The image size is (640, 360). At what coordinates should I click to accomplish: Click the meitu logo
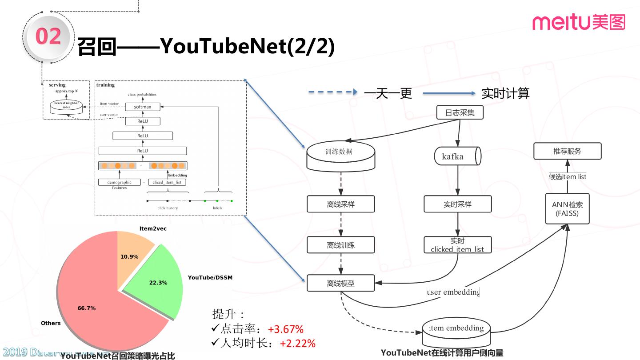[579, 22]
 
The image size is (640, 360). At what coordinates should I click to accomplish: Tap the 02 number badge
[48, 36]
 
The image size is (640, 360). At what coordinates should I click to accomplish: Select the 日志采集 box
[460, 112]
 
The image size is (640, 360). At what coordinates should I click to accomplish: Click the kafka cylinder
[457, 156]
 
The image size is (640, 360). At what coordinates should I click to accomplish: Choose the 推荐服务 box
[567, 151]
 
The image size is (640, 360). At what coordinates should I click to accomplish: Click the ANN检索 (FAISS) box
[567, 209]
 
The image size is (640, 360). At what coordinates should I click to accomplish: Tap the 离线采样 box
[340, 204]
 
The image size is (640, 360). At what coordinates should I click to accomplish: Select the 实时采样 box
[457, 204]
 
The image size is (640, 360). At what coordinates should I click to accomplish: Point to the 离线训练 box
[340, 245]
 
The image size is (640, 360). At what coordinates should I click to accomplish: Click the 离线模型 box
[340, 283]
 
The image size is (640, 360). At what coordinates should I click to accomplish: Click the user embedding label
[453, 292]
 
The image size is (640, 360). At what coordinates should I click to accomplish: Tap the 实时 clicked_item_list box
[457, 245]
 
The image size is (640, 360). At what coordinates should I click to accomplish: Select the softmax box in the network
[142, 107]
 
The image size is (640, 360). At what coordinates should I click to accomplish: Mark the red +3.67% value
[286, 329]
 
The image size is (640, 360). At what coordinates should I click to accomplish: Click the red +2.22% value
[297, 344]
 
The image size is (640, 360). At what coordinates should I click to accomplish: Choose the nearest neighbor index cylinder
[66, 107]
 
